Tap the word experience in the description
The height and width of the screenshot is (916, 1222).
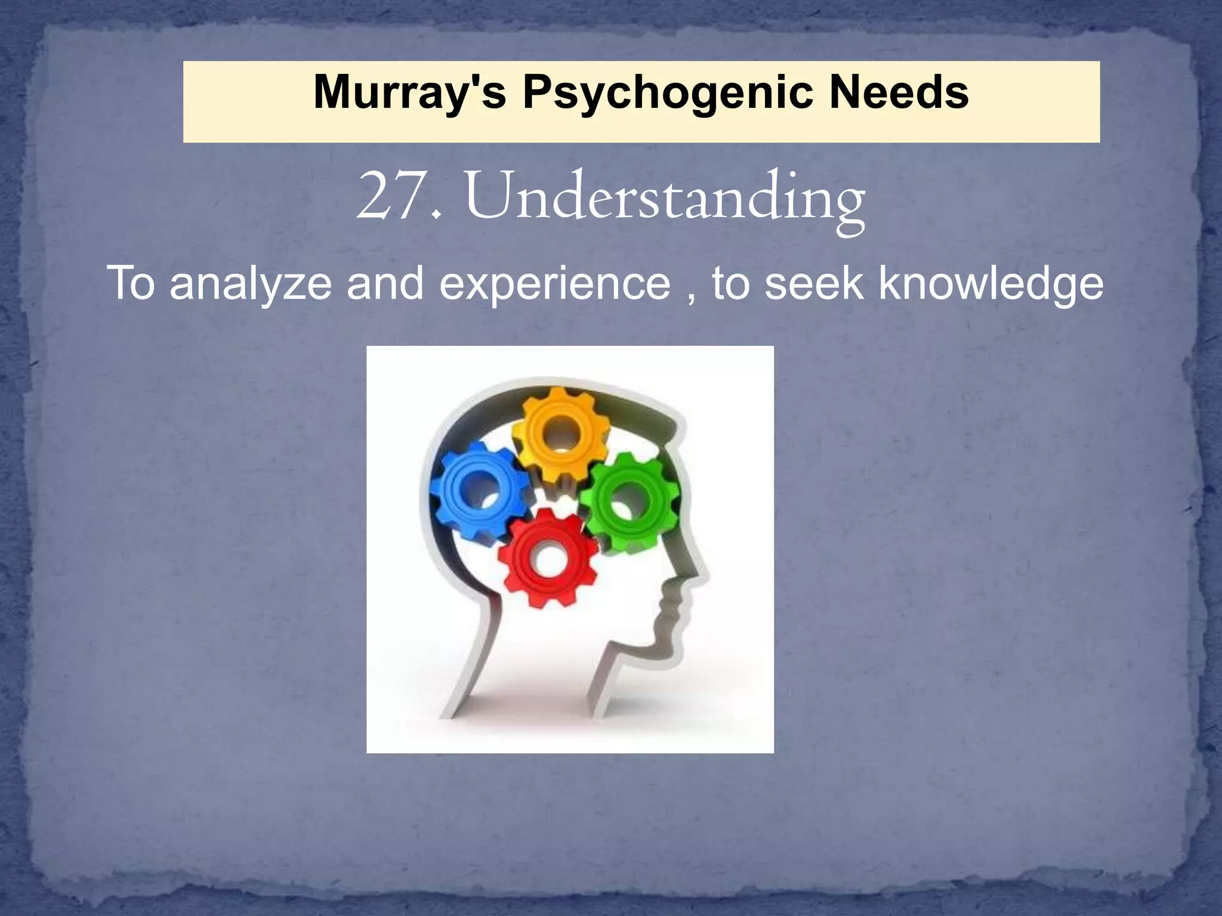(555, 285)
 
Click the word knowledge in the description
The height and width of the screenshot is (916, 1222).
(991, 285)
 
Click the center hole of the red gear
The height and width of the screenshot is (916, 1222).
(546, 559)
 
